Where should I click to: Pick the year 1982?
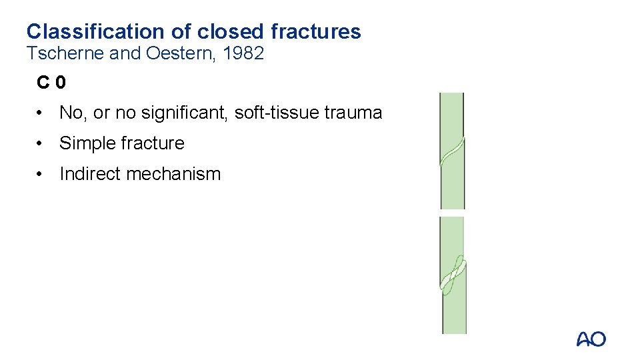point(243,54)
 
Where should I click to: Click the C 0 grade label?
point(51,83)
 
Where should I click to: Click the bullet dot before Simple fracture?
point(41,143)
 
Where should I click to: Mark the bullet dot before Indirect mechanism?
point(41,174)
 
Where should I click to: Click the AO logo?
point(591,339)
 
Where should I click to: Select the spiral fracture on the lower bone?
point(453,273)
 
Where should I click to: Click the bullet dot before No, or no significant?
point(41,113)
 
